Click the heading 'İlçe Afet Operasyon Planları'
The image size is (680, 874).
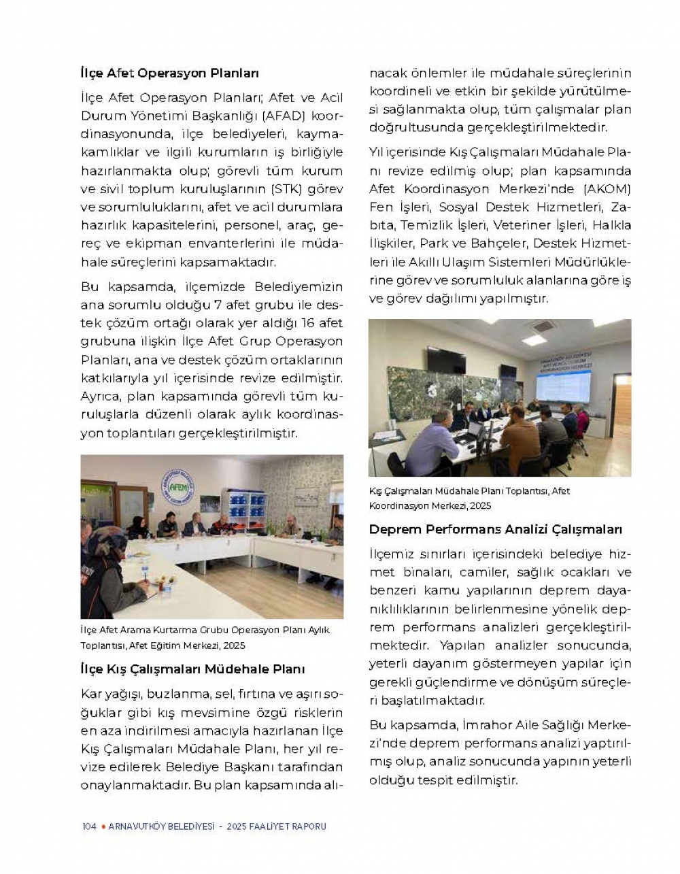click(x=169, y=73)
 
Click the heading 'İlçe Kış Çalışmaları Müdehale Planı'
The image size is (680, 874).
click(x=192, y=669)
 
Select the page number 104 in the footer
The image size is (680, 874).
click(x=88, y=826)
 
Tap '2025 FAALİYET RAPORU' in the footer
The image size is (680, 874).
click(x=277, y=826)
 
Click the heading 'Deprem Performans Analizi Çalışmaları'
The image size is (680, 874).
click(x=495, y=529)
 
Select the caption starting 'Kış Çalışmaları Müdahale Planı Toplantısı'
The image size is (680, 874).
click(x=469, y=498)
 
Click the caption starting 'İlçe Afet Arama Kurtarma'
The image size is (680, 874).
click(x=205, y=637)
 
